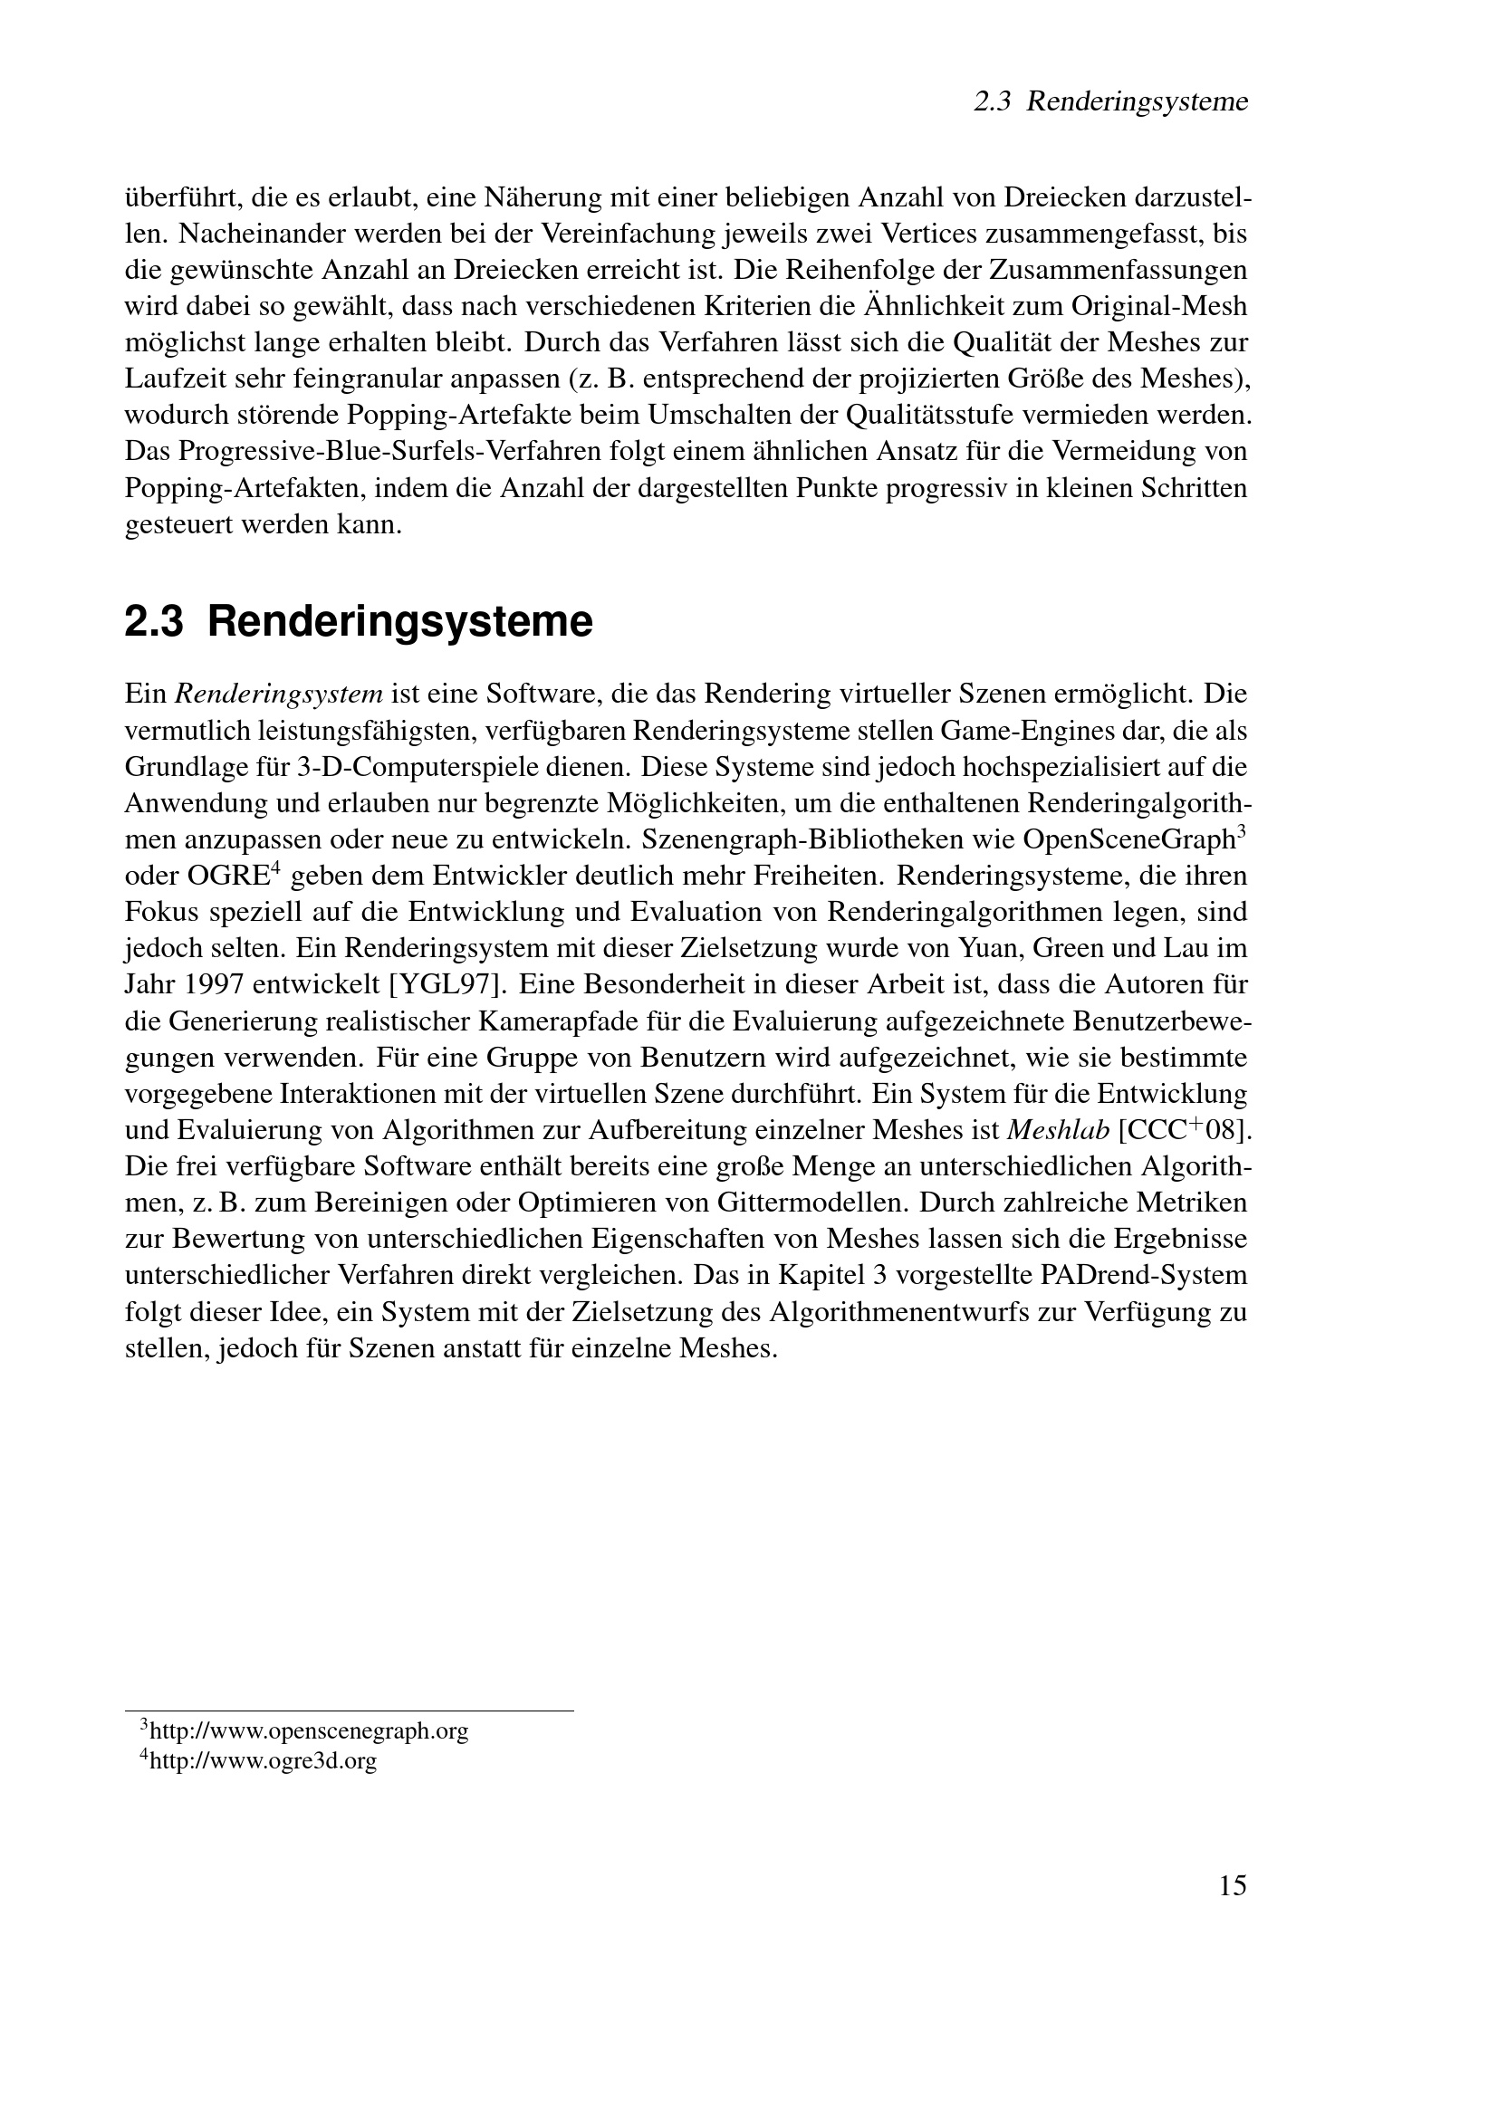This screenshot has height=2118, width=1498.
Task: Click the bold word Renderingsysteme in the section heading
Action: tap(399, 622)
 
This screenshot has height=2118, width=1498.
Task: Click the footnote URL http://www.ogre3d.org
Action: tap(262, 1761)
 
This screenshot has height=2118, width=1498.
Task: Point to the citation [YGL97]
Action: tap(447, 984)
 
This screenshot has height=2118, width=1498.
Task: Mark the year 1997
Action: tap(214, 984)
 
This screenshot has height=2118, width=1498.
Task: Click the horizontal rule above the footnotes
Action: tap(349, 1711)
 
